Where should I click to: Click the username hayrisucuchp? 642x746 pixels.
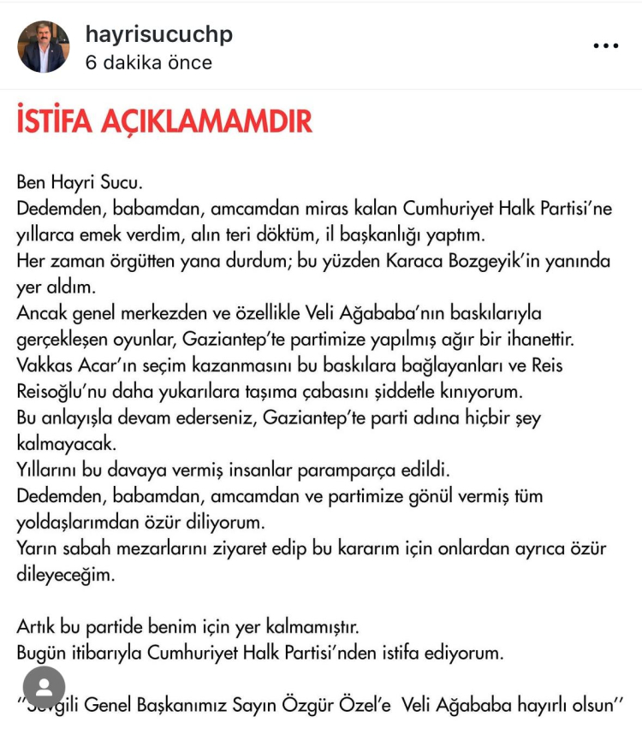point(158,34)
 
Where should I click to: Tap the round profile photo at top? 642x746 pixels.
point(44,47)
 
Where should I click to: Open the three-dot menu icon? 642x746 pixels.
point(606,46)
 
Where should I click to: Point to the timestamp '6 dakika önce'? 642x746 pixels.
point(148,63)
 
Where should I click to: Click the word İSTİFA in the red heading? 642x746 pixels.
point(56,122)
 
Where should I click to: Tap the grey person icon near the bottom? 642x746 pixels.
point(44,687)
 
